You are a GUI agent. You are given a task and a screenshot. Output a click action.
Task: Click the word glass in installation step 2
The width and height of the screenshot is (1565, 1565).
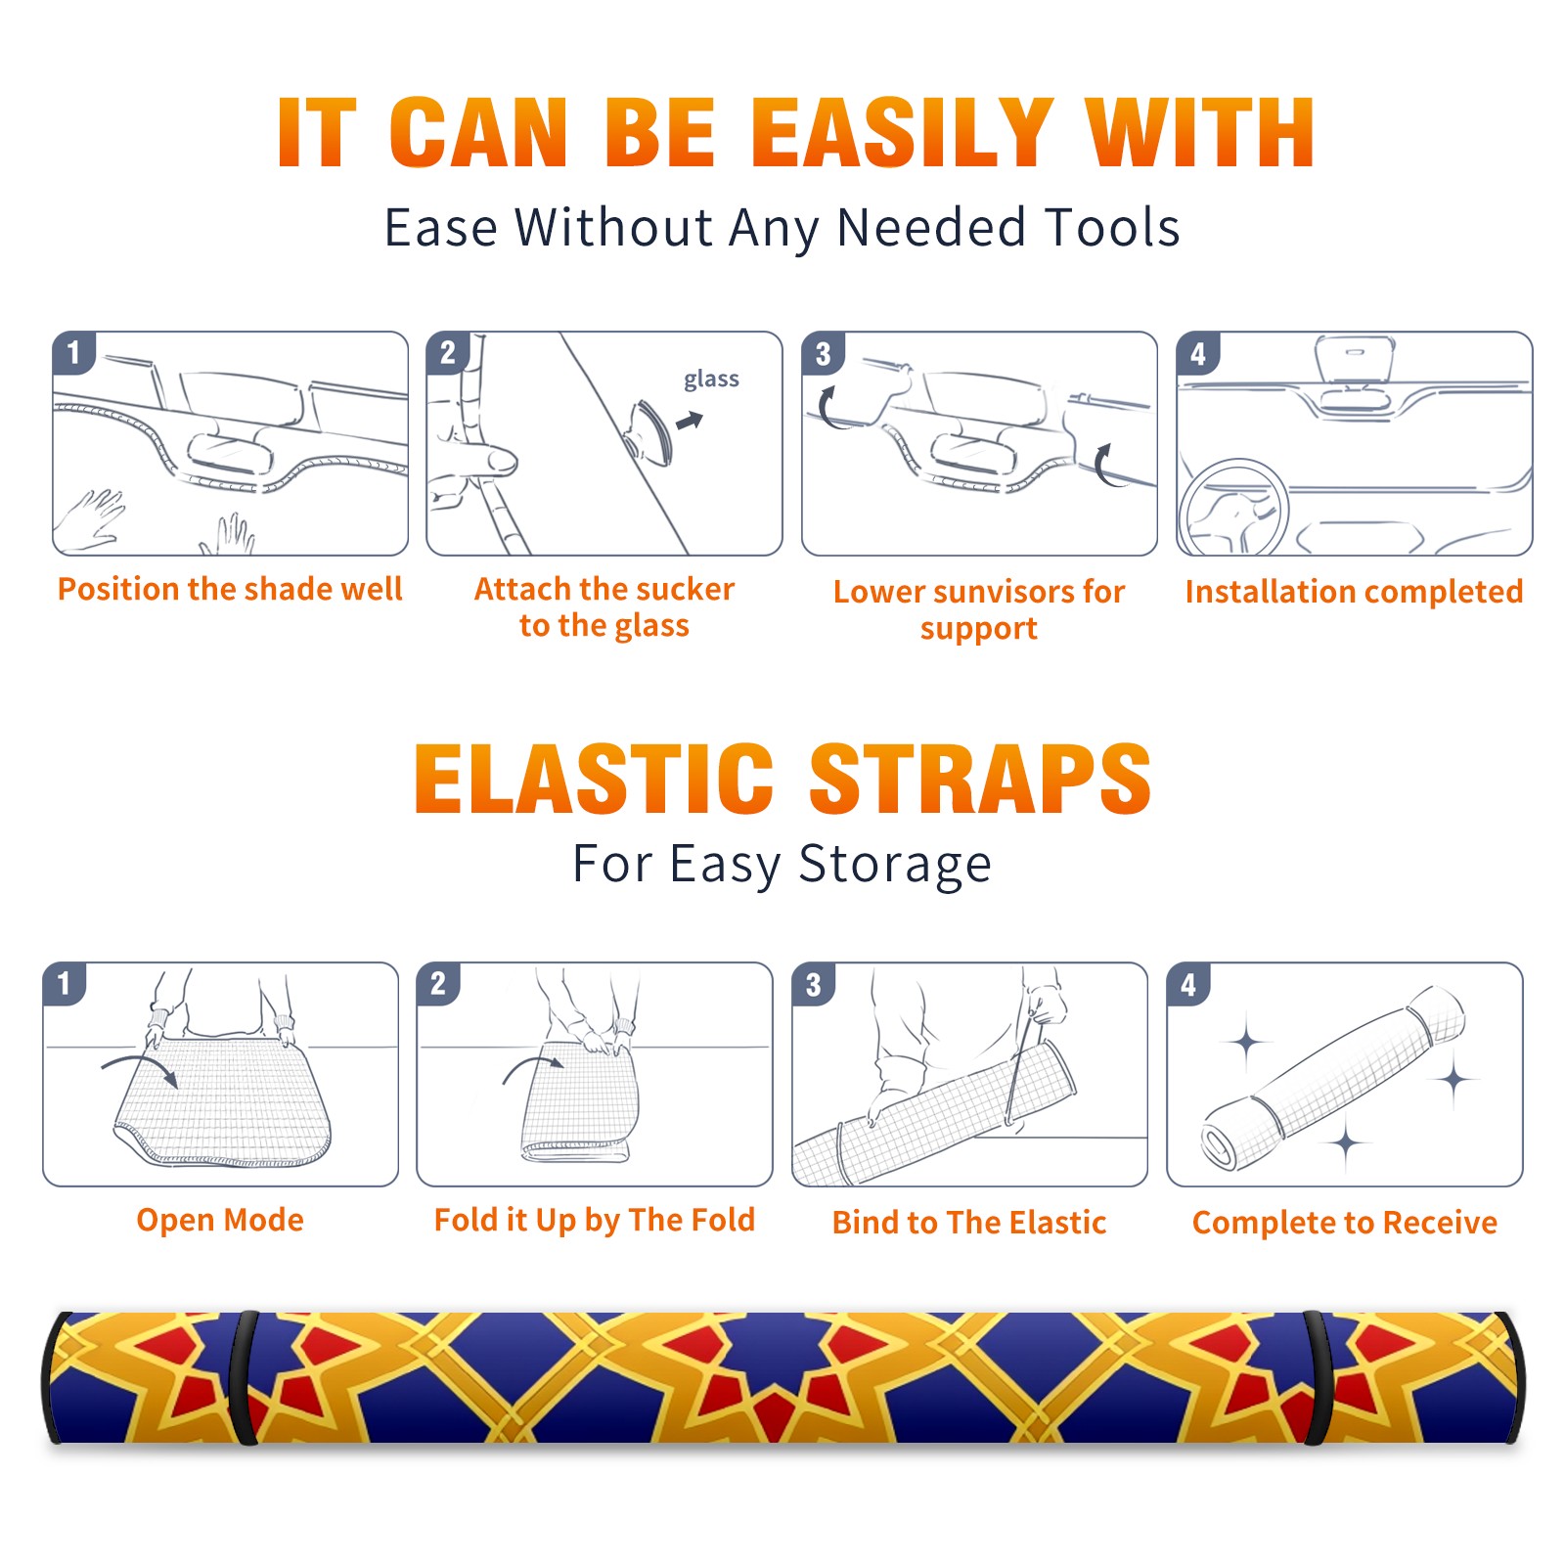(711, 380)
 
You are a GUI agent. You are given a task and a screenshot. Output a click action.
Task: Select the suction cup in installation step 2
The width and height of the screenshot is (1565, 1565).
(651, 430)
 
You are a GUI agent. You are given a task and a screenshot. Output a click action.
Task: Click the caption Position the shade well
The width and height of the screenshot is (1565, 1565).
(230, 589)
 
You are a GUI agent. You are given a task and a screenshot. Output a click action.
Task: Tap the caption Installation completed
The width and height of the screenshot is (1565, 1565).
(1354, 592)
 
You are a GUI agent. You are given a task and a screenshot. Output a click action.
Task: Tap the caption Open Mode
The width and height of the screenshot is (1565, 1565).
(220, 1220)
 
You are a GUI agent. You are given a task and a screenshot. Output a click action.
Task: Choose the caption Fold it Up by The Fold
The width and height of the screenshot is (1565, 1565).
(595, 1221)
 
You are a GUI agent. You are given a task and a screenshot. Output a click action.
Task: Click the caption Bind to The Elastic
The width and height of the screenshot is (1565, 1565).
(969, 1223)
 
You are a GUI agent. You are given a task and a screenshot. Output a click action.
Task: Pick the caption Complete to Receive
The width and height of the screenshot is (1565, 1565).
(1345, 1223)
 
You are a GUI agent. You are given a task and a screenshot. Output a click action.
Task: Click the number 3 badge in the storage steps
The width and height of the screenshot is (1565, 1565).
(813, 984)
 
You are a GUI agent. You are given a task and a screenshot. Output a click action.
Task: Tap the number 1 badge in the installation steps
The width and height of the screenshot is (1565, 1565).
(73, 352)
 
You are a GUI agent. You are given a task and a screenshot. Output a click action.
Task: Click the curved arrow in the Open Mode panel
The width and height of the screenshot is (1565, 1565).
(140, 1061)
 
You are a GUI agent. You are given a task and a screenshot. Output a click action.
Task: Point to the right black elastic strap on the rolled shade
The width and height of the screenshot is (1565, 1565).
(1318, 1378)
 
